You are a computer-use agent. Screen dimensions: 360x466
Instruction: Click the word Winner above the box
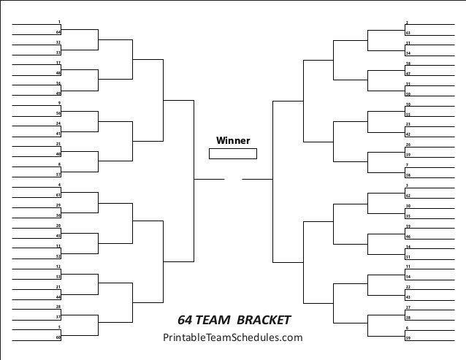coord(233,141)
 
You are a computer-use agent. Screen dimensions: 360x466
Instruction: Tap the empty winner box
coord(233,153)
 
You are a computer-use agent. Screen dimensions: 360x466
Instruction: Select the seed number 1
coord(58,22)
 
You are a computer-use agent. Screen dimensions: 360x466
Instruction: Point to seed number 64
coord(58,32)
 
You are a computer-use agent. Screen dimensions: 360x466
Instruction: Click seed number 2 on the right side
coord(407,23)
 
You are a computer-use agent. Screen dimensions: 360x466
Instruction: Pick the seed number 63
coord(408,34)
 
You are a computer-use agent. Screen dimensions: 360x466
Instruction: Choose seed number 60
coord(58,337)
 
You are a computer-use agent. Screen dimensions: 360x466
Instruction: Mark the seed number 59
coord(408,338)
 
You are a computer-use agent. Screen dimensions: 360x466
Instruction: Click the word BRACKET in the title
coord(264,320)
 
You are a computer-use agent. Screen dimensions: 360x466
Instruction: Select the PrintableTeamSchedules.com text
coord(232,337)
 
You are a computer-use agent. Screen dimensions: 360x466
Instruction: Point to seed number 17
coord(58,63)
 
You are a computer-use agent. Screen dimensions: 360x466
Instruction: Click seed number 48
coord(58,73)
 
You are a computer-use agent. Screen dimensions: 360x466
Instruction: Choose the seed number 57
coord(58,175)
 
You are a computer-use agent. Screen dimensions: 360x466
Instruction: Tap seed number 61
coord(58,195)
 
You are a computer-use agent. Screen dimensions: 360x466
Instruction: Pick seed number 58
coord(408,176)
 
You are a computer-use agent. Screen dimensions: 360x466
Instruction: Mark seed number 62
coord(408,196)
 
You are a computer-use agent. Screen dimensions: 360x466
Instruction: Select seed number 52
coord(58,256)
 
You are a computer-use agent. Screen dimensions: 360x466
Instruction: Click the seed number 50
coord(408,94)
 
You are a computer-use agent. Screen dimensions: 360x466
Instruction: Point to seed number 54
coord(408,277)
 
